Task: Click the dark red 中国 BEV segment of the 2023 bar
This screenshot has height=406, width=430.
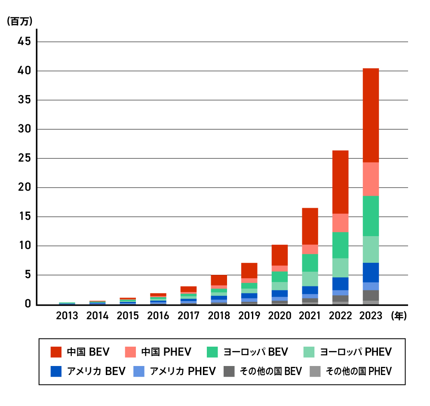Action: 370,115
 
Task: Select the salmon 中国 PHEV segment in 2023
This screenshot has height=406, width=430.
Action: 370,179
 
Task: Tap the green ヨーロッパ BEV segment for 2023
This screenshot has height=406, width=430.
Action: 370,216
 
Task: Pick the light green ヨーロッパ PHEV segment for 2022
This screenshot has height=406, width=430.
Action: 340,268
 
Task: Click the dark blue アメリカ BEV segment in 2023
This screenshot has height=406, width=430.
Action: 370,272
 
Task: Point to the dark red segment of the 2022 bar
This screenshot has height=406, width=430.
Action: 340,182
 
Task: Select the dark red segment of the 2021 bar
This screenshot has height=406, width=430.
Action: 310,226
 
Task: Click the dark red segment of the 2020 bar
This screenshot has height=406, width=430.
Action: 279,255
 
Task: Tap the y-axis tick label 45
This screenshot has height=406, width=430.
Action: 24,42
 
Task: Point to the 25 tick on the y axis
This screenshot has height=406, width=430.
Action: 24,159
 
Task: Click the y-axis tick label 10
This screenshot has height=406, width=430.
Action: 24,246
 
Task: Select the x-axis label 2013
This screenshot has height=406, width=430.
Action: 67,316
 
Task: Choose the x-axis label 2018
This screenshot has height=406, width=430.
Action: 219,316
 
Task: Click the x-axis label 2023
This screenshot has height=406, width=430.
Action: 371,316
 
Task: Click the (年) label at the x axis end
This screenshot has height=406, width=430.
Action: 399,316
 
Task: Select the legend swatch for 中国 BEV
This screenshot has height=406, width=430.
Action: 56,352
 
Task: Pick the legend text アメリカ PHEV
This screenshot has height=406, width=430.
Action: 183,371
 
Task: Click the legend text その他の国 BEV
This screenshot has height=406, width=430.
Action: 271,371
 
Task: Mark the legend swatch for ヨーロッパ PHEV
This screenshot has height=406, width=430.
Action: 310,352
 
